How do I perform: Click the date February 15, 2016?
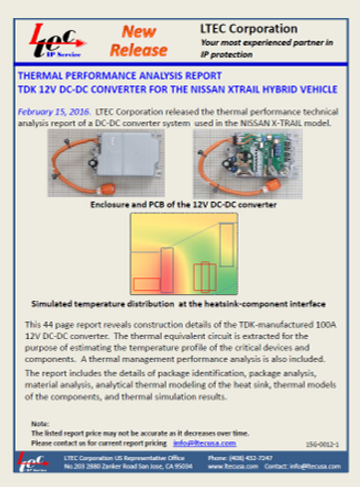tap(55, 115)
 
